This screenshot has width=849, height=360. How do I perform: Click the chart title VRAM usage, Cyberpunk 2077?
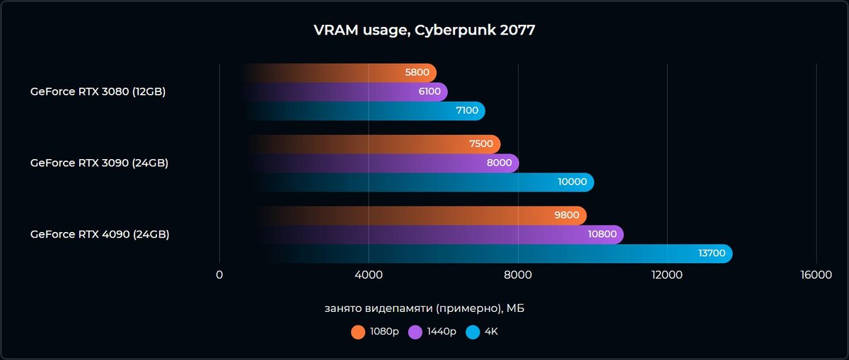(424, 30)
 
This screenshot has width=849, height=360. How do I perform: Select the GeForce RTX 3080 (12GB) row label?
(98, 91)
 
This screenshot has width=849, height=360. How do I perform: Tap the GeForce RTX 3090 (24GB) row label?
(99, 163)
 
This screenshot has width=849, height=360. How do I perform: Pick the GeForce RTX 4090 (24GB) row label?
(100, 234)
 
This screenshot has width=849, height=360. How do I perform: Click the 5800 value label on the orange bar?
(417, 73)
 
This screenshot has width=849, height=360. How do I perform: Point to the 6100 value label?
(428, 91)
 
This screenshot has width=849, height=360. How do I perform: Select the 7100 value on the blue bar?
(466, 110)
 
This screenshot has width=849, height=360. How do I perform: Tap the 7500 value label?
(480, 144)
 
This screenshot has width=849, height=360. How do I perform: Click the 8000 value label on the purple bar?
(499, 163)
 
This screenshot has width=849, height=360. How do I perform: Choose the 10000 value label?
(572, 182)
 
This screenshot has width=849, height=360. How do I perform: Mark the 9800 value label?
(567, 216)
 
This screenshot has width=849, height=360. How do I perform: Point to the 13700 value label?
(711, 253)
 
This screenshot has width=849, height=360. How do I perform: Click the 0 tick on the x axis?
(219, 275)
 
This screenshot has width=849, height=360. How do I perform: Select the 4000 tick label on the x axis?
(369, 275)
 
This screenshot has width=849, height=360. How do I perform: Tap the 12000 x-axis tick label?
(667, 275)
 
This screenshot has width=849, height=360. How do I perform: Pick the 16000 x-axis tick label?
(816, 275)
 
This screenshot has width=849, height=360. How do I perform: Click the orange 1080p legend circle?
(358, 332)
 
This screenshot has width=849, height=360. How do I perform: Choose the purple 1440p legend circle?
(415, 332)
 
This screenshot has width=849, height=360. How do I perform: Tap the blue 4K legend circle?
(473, 332)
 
